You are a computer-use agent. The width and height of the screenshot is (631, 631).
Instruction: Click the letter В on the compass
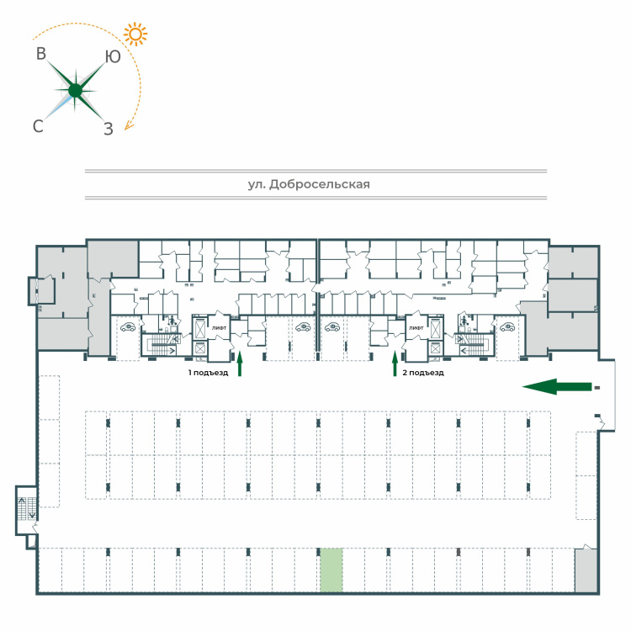point(41,54)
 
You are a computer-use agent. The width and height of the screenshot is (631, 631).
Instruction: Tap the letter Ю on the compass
point(113,56)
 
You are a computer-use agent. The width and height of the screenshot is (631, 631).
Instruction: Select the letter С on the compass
point(38,126)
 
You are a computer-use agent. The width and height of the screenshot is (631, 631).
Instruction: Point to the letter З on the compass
point(109,129)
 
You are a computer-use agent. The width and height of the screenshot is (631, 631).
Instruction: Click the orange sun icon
point(135,34)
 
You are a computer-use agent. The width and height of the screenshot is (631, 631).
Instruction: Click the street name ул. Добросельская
point(309,184)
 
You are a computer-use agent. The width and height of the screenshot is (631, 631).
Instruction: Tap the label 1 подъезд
point(208,373)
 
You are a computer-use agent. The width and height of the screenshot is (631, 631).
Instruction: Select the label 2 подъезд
point(423,373)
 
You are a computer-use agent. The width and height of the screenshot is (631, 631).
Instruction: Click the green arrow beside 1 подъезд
point(240,363)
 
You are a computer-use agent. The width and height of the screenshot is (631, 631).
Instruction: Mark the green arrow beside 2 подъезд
point(395,363)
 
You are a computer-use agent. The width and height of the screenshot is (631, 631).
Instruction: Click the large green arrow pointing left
point(557,387)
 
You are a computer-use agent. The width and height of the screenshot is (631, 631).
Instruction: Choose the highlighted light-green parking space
point(331,570)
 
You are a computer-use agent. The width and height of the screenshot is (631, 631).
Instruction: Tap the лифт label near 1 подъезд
point(219,328)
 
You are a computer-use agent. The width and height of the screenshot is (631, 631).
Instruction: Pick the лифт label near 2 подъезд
point(416,328)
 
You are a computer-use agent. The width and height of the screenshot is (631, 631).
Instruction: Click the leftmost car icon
point(128,327)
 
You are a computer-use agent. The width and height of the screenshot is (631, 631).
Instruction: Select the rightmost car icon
point(507,327)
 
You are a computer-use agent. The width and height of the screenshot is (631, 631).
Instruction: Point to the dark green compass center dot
point(75,91)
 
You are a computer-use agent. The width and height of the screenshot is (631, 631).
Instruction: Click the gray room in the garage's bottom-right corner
point(586,570)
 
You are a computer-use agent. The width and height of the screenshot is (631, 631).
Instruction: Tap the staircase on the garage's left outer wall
point(27,509)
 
